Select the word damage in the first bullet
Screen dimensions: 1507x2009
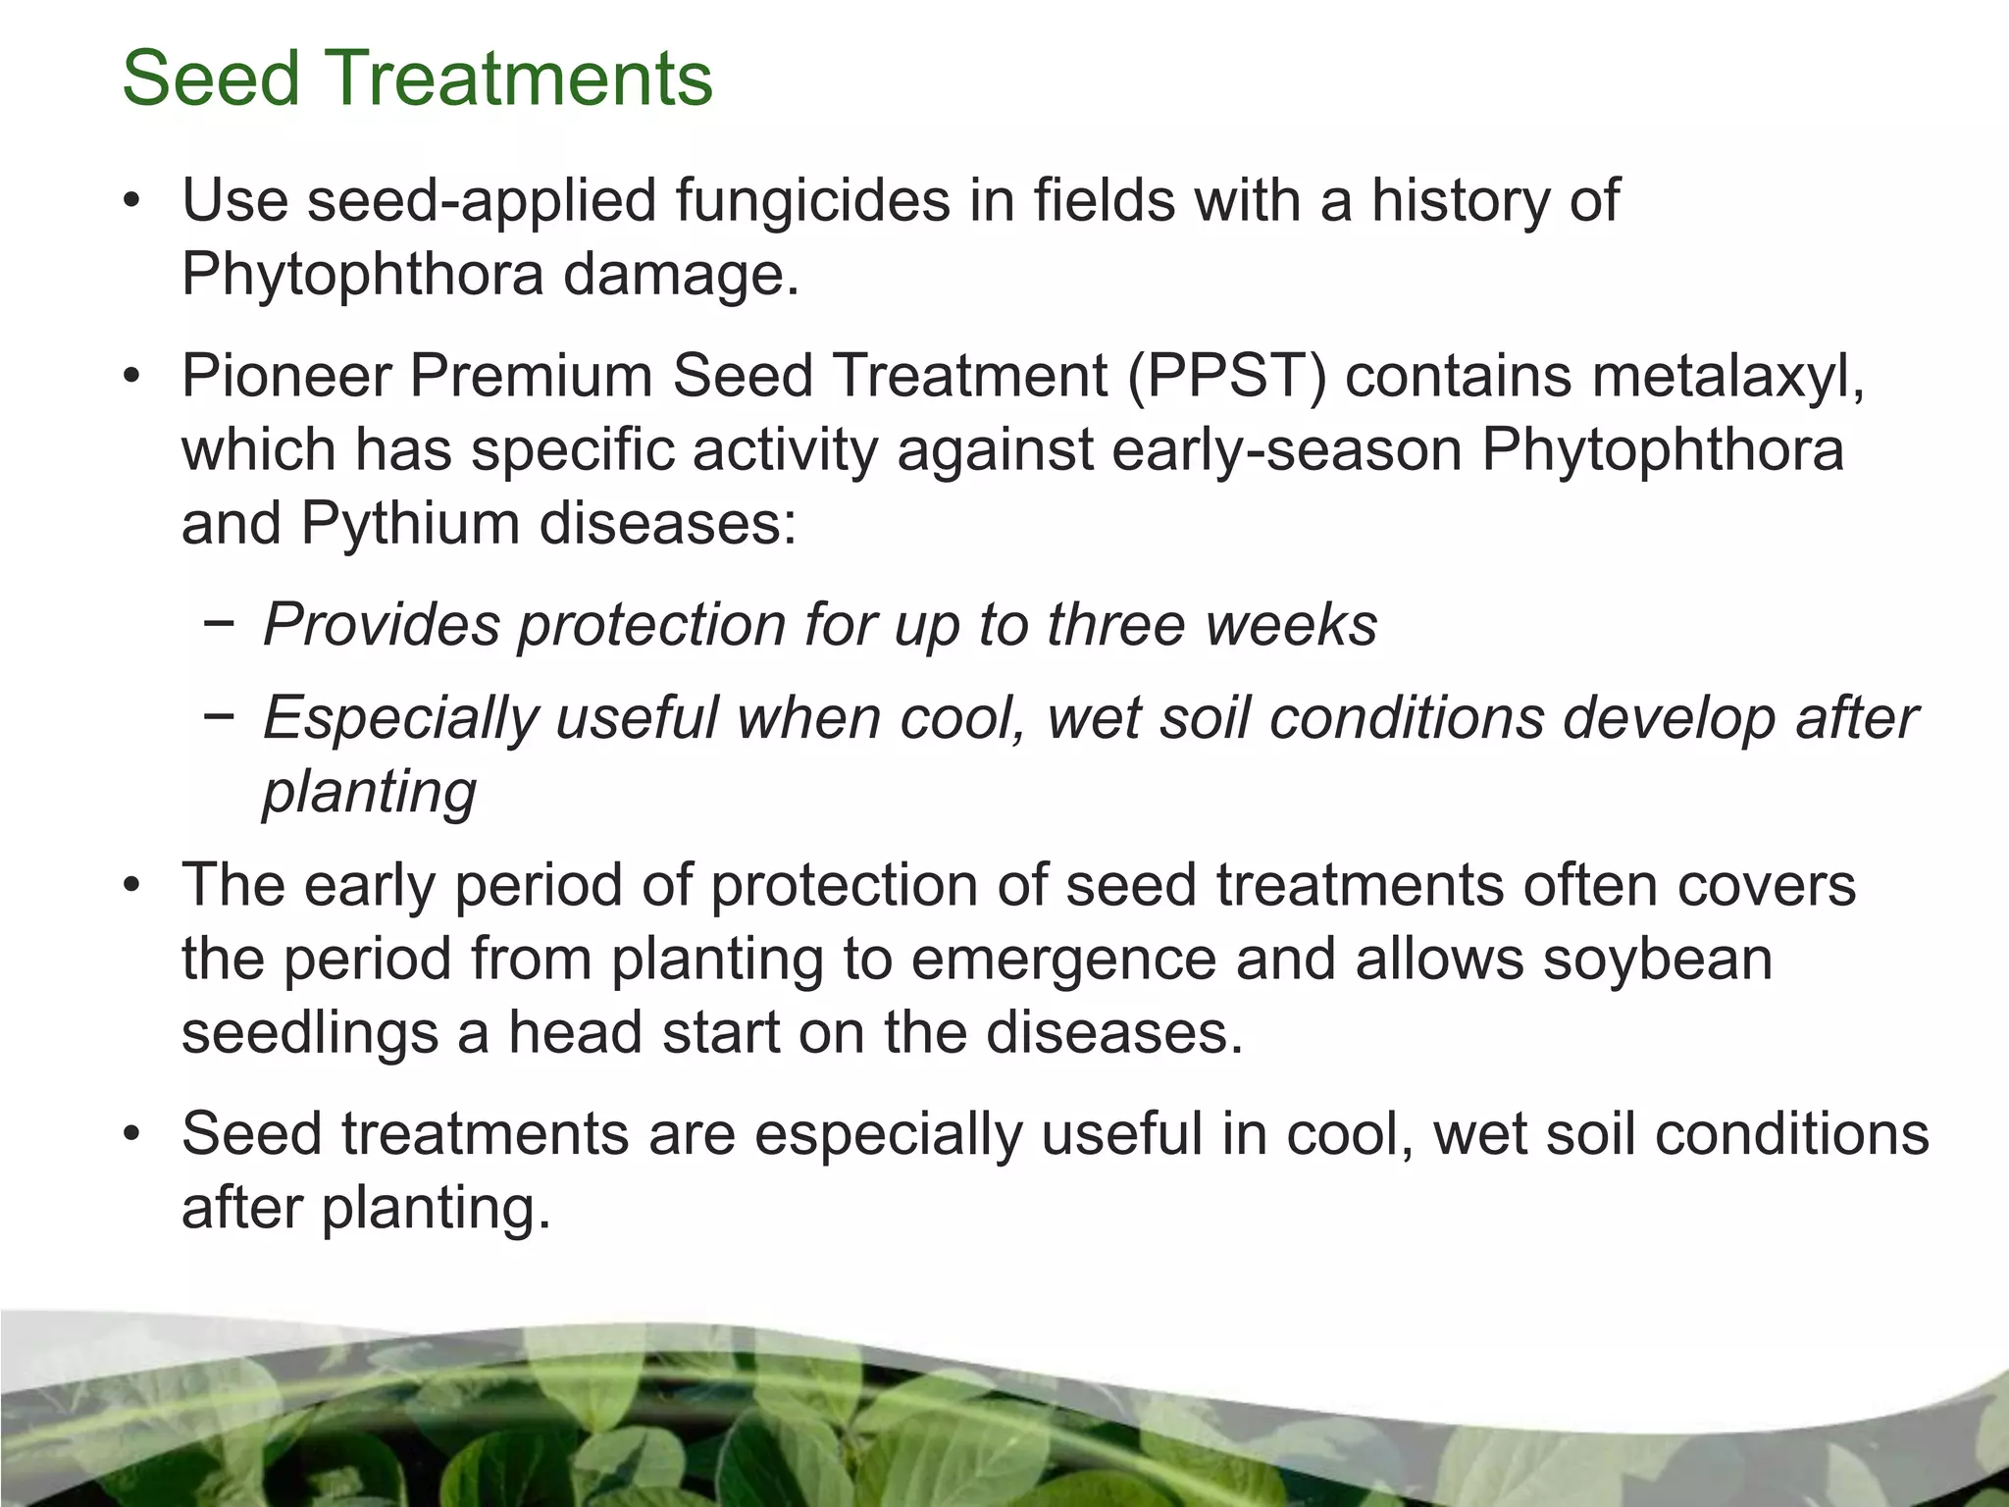(681, 275)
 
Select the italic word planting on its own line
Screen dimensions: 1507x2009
(369, 793)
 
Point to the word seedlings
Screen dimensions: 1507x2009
(309, 1033)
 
